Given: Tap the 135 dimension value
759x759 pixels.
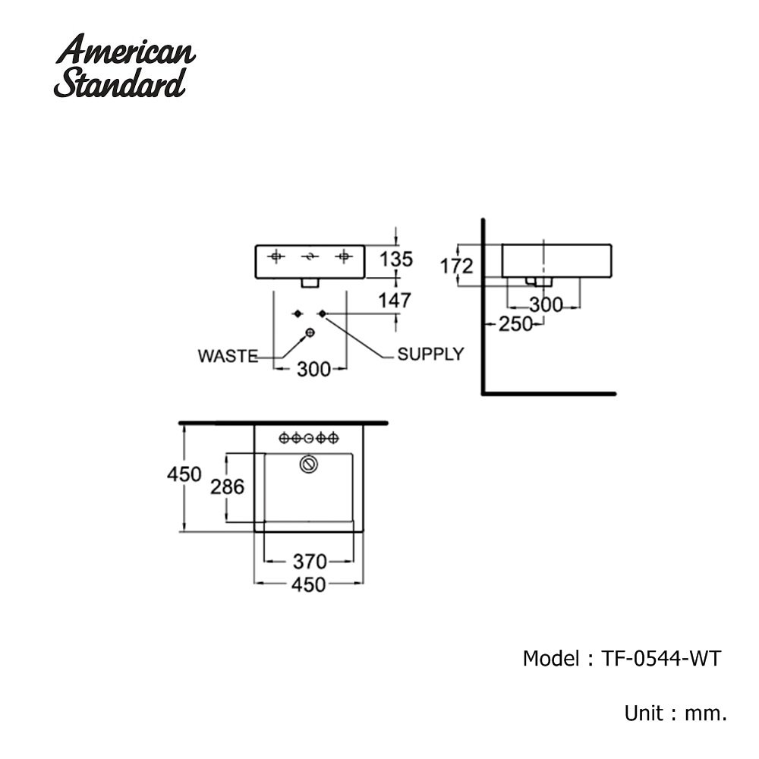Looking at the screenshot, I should [396, 260].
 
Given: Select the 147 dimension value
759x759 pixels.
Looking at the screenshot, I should [396, 300].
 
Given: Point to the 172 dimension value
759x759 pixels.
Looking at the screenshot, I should [456, 266].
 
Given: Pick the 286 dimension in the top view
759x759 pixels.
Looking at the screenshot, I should [228, 487].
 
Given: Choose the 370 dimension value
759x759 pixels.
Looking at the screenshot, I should [309, 562].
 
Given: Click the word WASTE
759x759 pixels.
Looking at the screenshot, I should [228, 355].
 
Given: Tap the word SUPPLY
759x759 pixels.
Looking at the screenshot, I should [430, 354].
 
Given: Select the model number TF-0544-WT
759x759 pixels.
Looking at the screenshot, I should [657, 659].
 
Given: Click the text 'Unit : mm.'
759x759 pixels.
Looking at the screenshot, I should [676, 713].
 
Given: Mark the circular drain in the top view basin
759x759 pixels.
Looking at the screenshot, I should [308, 464].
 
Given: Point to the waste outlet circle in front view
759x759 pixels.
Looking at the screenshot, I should [310, 333].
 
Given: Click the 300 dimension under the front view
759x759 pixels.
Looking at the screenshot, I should [313, 370].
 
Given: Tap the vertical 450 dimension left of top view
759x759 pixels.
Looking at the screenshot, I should [184, 474].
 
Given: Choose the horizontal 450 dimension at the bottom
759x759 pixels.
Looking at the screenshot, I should [309, 584].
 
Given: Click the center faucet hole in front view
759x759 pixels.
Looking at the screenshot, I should [309, 257].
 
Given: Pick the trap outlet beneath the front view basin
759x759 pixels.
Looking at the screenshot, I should [310, 283].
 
